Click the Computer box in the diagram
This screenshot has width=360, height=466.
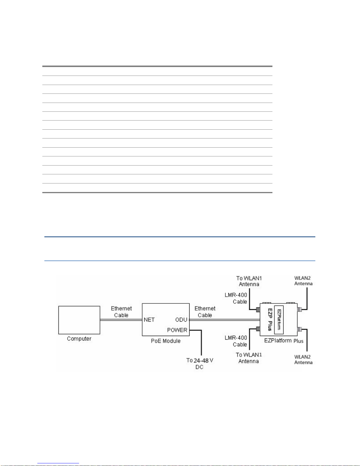79,320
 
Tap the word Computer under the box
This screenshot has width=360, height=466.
79,339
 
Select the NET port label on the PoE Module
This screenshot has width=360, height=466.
149,320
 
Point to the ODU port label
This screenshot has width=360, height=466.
181,320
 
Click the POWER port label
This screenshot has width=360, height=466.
177,330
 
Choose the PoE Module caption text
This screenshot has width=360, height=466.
166,341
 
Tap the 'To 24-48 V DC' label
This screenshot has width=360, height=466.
200,364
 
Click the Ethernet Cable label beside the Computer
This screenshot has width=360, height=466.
121,312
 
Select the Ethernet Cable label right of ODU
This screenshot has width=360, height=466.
205,312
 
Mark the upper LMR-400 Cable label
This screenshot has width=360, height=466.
236,298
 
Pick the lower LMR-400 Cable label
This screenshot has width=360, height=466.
236,341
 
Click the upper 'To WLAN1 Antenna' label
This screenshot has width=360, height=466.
249,281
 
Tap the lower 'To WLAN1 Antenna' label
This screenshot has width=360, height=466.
249,358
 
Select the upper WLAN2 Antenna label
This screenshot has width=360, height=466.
303,281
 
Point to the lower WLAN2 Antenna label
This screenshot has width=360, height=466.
303,360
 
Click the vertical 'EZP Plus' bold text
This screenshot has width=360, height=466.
270,320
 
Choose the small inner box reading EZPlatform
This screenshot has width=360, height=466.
279,320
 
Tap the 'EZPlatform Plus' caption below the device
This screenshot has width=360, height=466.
284,341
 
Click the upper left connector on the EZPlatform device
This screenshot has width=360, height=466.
258,310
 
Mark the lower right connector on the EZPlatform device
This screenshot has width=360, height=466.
299,329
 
